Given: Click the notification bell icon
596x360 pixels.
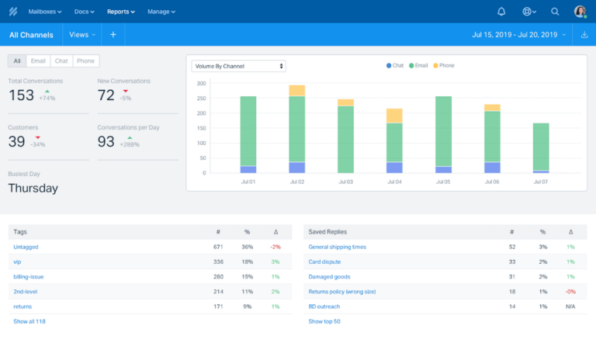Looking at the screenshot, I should click(501, 12).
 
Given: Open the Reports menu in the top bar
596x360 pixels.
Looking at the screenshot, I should click(120, 12).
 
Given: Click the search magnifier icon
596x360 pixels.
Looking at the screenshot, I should click(555, 12).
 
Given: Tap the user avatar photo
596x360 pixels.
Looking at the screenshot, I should click(580, 12).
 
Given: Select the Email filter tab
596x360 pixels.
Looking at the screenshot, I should click(37, 61).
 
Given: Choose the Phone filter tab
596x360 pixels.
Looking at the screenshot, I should click(86, 61).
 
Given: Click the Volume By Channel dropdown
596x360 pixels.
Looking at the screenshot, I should click(239, 66).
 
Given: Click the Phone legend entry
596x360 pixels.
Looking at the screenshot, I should click(444, 66).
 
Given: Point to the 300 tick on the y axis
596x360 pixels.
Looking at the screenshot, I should click(201, 83).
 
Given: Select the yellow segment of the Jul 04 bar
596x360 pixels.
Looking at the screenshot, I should click(394, 116).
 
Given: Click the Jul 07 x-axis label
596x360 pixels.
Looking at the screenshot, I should click(540, 182).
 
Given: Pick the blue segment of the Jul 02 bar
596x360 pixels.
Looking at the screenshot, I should click(296, 168).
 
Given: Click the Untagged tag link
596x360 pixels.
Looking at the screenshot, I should click(26, 247).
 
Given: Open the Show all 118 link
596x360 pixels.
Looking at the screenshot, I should click(29, 320).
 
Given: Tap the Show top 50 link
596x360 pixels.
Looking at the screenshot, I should click(324, 320).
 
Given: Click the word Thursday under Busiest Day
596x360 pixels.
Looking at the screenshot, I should click(33, 188).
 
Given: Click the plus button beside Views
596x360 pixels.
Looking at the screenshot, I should click(113, 35).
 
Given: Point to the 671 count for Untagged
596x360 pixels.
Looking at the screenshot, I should click(218, 247).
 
